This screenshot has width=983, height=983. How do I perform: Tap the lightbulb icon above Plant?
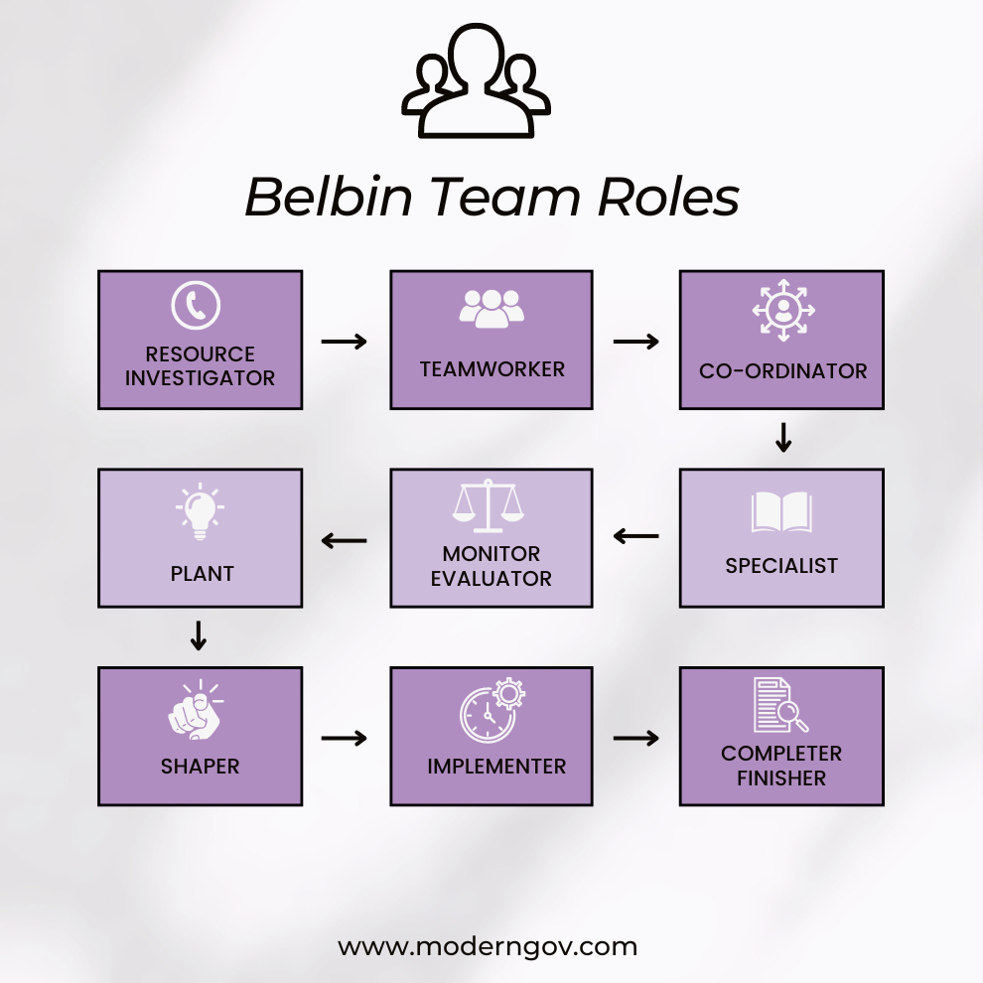(x=200, y=511)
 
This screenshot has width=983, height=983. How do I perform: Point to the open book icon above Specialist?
(x=781, y=512)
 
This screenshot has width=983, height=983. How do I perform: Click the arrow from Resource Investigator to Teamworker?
(x=345, y=342)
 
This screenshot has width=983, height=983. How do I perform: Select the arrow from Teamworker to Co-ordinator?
(x=636, y=342)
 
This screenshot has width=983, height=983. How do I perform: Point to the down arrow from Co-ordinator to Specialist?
(x=783, y=438)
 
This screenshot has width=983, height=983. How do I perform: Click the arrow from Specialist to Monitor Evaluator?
(x=636, y=537)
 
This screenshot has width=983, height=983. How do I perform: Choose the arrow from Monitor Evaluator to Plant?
(x=345, y=541)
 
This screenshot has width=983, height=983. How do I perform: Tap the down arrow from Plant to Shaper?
(x=199, y=635)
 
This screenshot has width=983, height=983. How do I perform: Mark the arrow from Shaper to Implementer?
(x=345, y=738)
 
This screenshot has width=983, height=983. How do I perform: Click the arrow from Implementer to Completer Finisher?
(x=636, y=738)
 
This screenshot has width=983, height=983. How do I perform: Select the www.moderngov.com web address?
(x=488, y=946)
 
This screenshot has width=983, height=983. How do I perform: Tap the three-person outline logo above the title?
(x=476, y=81)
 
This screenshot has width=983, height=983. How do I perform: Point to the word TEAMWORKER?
(x=491, y=369)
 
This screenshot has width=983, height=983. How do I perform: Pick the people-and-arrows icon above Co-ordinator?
(x=783, y=311)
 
